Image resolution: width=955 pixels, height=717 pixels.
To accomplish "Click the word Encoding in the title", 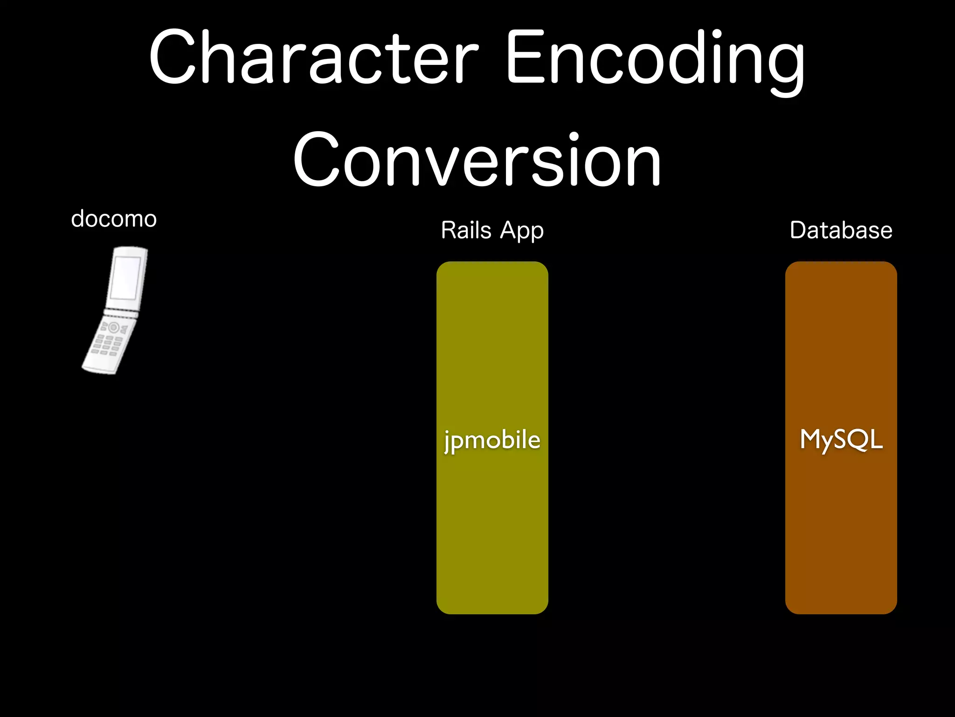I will pos(655,58).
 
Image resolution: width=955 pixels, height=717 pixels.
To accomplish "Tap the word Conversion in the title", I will pos(477,160).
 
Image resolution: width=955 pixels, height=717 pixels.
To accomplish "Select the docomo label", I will pos(114,219).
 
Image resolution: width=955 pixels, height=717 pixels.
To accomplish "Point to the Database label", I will pos(841,230).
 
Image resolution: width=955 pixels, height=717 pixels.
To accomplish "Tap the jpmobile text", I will pos(492,440).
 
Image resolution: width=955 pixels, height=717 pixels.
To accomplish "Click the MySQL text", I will pos(841,440).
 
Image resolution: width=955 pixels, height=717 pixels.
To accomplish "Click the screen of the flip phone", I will pos(125,278).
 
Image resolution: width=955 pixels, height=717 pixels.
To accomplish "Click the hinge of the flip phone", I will pos(121,313).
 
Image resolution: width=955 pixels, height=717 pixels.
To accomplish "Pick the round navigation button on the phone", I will pos(113,328).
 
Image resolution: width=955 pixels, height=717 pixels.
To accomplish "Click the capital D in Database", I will pos(799,230).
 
